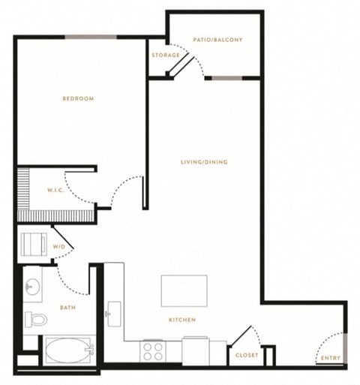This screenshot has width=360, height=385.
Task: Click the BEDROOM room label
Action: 78,98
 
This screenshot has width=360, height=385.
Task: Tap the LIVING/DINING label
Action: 204,162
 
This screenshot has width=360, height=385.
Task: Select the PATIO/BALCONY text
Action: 217,40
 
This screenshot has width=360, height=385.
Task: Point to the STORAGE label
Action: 166,55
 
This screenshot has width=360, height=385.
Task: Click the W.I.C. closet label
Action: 55,191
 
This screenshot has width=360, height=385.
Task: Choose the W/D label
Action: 58,247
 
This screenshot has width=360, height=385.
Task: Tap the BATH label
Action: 67,308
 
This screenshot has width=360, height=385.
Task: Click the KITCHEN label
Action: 182,320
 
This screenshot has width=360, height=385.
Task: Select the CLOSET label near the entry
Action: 247,355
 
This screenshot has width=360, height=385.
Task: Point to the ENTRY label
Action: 331,358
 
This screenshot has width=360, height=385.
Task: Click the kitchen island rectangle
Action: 184,291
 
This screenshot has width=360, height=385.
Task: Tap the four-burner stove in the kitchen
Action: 152,351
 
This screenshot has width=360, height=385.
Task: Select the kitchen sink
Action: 114,314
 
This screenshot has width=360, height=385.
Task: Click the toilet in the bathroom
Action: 36,320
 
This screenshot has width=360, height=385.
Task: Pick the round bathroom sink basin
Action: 32,287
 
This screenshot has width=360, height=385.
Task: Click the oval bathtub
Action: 69,350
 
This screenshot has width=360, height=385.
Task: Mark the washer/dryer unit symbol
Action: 34,244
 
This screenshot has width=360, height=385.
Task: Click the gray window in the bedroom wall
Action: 91,38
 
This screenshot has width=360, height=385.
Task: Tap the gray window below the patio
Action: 227,78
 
